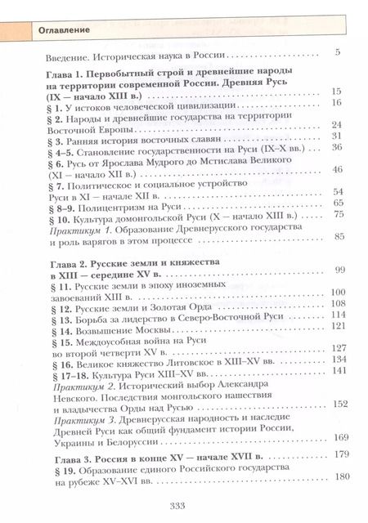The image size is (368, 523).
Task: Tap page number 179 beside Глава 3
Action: click(x=333, y=454)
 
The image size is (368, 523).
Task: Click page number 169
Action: click(x=333, y=436)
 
